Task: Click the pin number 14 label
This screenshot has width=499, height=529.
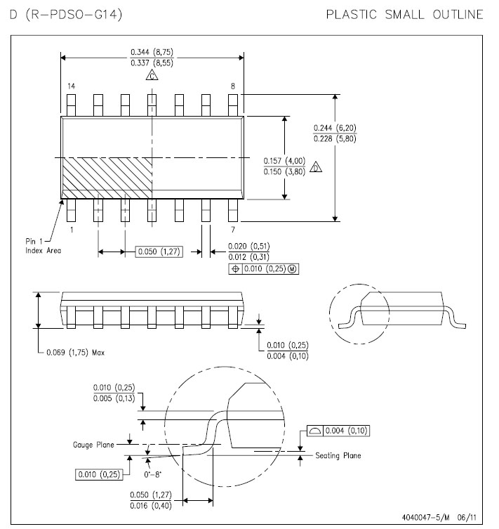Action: coord(71,86)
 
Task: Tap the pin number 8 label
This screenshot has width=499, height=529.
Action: coord(233,86)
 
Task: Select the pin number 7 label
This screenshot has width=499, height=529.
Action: coord(233,230)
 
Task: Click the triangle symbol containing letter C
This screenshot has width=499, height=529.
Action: coord(152,75)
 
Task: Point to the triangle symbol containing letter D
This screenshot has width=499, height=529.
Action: coord(316,167)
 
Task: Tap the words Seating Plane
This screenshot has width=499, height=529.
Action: coord(338,455)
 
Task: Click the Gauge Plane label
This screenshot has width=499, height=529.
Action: coord(93,445)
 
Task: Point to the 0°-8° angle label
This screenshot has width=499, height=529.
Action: coord(152,475)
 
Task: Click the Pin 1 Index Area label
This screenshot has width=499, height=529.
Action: coord(43,246)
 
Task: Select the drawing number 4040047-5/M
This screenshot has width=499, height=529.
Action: coord(425,517)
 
